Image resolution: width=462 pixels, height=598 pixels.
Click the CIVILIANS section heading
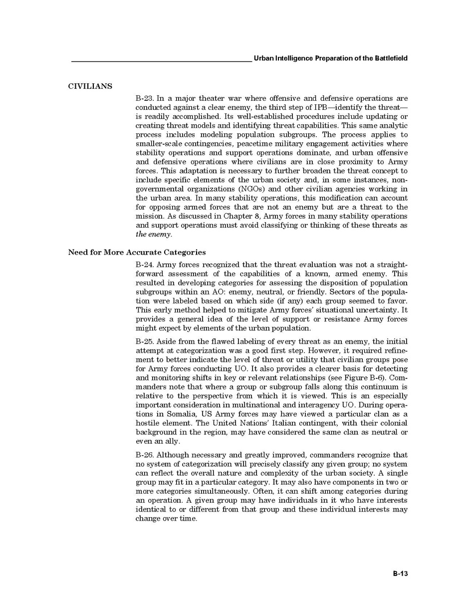point(90,86)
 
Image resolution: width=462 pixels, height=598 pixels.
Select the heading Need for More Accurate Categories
point(137,252)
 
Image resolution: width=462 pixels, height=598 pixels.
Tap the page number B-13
point(400,574)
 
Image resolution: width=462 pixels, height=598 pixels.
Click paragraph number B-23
point(145,98)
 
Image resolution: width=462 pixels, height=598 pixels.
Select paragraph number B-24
point(145,265)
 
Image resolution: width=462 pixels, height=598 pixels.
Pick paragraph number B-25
point(145,342)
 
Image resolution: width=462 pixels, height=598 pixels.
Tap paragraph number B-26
point(145,455)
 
